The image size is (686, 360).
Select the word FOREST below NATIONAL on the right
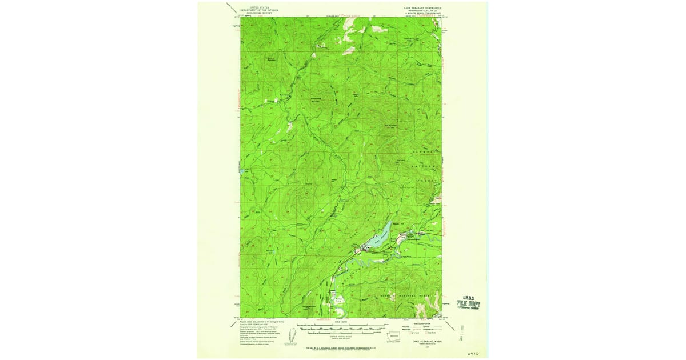click(433, 180)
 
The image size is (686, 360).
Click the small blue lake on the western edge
click(242, 170)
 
